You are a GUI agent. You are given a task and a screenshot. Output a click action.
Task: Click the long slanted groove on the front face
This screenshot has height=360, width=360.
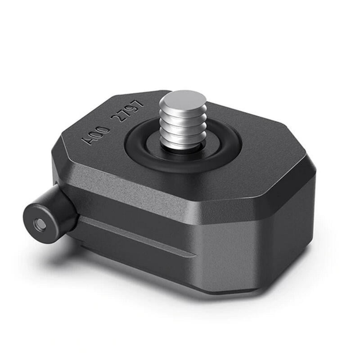(135, 236)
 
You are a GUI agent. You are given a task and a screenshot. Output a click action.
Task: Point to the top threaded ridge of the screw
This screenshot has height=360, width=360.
(183, 112)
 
